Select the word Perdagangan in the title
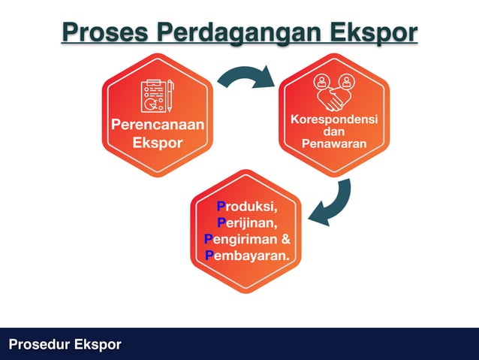[239, 32]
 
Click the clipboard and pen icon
[158, 95]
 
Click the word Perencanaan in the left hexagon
[158, 125]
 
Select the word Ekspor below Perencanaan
[158, 143]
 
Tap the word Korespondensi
[334, 120]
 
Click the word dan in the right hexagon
[334, 132]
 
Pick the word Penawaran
[334, 143]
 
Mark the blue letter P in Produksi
[221, 206]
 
